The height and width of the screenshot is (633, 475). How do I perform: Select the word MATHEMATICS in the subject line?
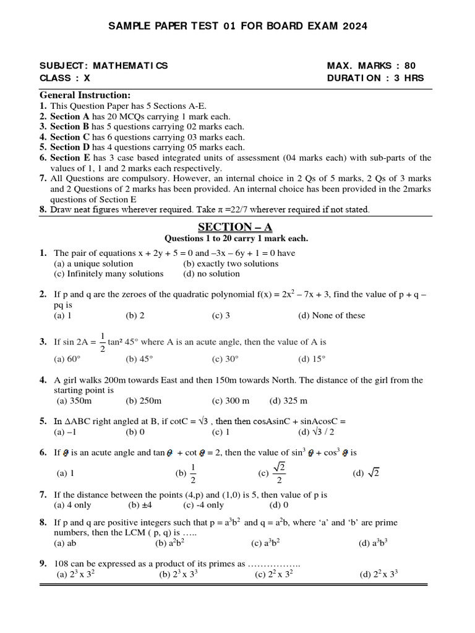(x=130, y=66)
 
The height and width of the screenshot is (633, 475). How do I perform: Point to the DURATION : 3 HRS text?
(x=375, y=78)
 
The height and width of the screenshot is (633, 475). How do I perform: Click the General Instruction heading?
(x=85, y=95)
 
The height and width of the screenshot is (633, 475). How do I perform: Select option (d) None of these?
(x=331, y=315)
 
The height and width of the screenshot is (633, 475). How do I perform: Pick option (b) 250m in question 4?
(x=143, y=401)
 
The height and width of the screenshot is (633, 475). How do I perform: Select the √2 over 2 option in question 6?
(x=273, y=473)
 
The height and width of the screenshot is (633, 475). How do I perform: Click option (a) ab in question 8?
(x=65, y=543)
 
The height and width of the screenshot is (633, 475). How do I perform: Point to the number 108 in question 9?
(x=62, y=564)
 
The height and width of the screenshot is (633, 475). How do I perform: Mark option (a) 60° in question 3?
(x=67, y=359)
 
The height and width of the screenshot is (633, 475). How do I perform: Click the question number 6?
(x=43, y=452)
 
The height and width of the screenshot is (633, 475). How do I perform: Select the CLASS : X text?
(x=65, y=78)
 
